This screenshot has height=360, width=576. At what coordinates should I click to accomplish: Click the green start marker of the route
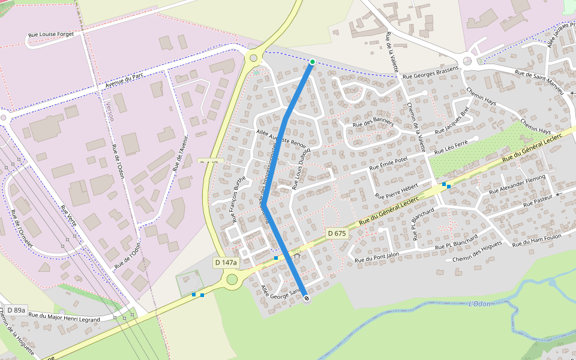312,62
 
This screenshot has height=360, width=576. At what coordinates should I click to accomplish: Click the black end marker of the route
307,298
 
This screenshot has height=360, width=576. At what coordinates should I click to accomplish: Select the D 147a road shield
226,262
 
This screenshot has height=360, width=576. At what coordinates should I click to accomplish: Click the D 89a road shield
16,310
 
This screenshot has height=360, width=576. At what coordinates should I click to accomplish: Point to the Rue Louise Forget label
52,35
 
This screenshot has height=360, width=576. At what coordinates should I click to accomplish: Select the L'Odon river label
479,304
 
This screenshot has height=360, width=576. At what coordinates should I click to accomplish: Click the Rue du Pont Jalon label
377,258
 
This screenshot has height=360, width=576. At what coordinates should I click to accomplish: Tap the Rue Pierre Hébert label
396,191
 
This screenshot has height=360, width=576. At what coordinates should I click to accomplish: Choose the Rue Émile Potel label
388,163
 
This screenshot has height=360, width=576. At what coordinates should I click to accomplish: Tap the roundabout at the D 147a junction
232,279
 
